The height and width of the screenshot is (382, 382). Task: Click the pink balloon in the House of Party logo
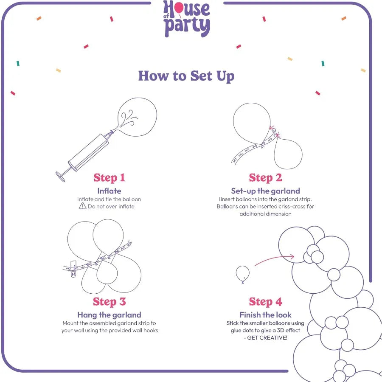point(179,8)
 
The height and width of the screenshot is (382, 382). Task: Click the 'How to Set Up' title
point(186,76)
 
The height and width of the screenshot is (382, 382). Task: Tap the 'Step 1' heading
point(109,177)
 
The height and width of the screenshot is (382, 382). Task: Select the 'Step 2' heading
point(265,177)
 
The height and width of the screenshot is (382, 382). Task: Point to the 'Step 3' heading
point(109,302)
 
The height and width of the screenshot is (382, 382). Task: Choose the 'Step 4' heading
point(265,302)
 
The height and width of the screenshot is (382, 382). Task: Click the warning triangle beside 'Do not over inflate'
point(83,206)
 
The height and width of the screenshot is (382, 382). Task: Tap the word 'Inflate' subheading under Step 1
point(109,191)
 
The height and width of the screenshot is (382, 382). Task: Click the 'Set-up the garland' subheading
point(265,191)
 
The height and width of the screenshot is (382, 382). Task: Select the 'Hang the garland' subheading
point(109,315)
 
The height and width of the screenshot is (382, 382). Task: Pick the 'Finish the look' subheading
point(265,315)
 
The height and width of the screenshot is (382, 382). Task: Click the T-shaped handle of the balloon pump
point(60,177)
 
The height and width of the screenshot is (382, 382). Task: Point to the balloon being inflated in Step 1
point(137,117)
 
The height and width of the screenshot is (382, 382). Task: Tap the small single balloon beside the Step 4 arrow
point(243,274)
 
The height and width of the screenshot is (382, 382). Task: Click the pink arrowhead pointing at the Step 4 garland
point(291,256)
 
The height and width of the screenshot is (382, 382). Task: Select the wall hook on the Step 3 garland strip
point(73,269)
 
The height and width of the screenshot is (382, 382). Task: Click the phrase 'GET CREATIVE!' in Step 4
point(267,338)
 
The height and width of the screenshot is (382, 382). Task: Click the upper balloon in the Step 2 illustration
point(252,123)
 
